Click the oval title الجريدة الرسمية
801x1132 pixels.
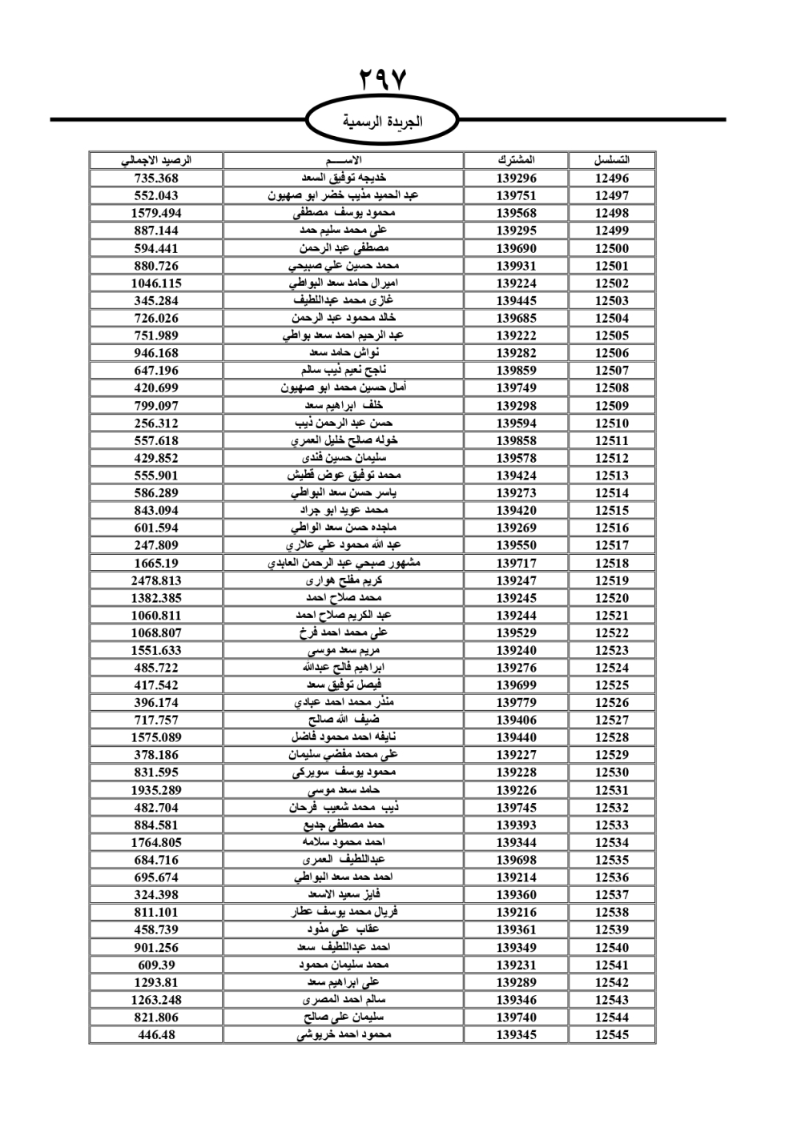383,122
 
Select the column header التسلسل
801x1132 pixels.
612,160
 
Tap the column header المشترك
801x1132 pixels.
516,160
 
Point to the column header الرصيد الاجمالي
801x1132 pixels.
156,160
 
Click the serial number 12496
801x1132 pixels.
612,179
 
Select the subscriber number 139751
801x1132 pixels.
516,196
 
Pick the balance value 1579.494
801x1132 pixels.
156,213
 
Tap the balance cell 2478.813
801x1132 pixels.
156,580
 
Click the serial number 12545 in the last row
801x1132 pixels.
612,1034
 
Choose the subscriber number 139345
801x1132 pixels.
516,1034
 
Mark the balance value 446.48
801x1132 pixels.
156,1034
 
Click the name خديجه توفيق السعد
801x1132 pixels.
344,179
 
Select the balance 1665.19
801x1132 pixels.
156,563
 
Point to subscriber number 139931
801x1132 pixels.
516,266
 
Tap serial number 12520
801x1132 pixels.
612,598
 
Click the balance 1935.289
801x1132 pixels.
156,790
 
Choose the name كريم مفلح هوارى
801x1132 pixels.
344,580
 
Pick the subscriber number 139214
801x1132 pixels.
516,877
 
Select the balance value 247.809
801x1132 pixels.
156,545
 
